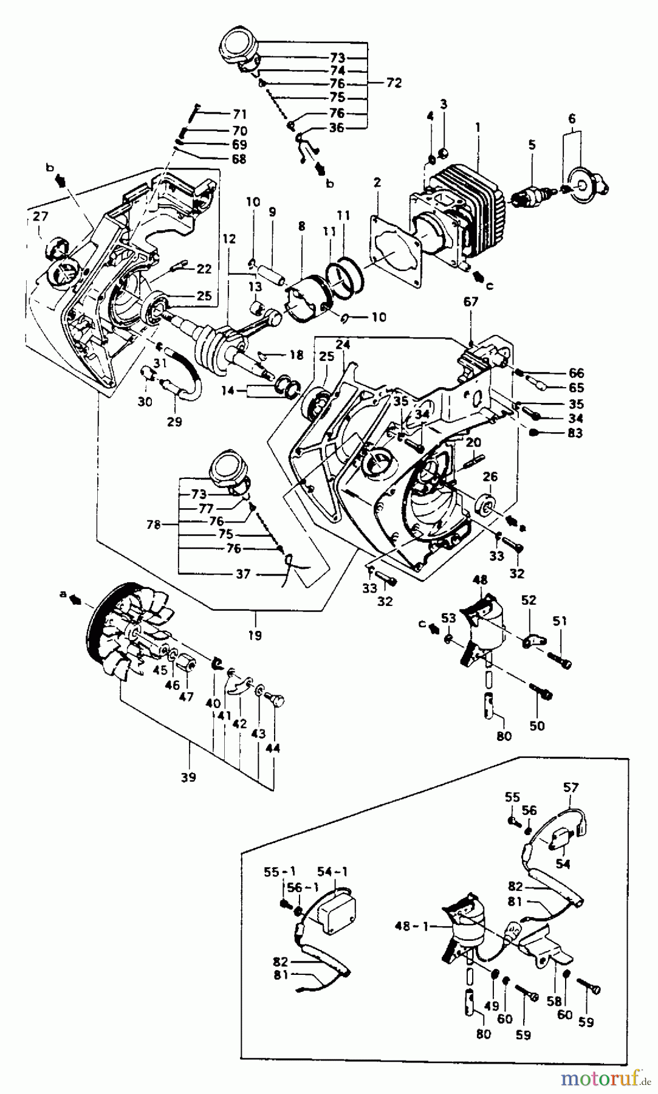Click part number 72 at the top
click(394, 83)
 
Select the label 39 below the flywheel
click(188, 777)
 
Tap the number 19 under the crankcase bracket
click(255, 636)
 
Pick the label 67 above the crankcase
click(471, 301)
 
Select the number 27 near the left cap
click(40, 216)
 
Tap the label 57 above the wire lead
click(571, 788)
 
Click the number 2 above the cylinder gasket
click(377, 182)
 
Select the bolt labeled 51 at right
click(560, 659)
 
